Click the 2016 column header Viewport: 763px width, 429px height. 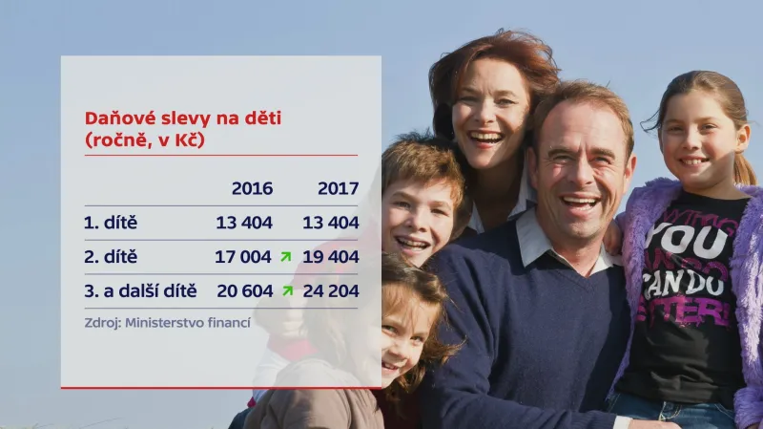click(x=252, y=188)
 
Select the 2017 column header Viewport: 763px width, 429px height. click(x=338, y=188)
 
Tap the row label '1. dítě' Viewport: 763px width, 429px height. click(x=111, y=223)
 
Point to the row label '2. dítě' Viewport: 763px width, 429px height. click(x=111, y=257)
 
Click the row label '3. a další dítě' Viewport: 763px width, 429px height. click(x=140, y=290)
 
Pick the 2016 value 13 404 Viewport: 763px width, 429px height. click(x=243, y=223)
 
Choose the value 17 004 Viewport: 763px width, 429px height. click(x=243, y=257)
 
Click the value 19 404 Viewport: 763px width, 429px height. click(x=331, y=257)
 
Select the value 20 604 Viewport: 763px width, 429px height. click(x=243, y=290)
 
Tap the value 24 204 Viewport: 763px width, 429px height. click(x=331, y=290)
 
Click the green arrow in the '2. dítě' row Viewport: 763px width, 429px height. click(x=285, y=256)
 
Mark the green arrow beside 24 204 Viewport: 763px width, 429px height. click(x=285, y=290)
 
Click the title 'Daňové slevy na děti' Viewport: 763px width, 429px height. click(x=183, y=118)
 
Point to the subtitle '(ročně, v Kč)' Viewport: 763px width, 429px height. click(x=144, y=139)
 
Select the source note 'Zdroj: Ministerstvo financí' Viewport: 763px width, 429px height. click(x=167, y=323)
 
